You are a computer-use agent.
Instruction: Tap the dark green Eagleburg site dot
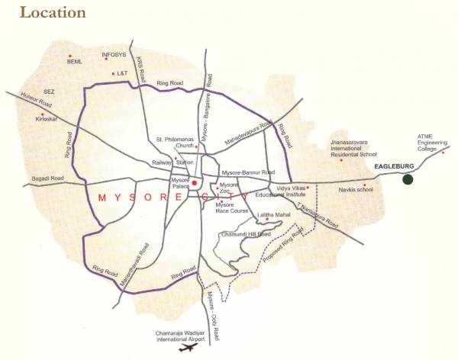tap(408, 179)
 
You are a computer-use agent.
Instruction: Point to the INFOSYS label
tap(114, 55)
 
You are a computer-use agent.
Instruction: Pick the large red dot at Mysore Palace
tap(195, 183)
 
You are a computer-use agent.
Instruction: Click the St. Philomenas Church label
tap(177, 143)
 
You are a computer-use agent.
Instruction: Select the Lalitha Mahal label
tap(272, 216)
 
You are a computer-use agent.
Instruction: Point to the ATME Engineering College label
tap(427, 143)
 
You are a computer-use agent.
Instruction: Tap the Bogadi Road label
tap(48, 178)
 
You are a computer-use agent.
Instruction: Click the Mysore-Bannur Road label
tap(247, 172)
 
